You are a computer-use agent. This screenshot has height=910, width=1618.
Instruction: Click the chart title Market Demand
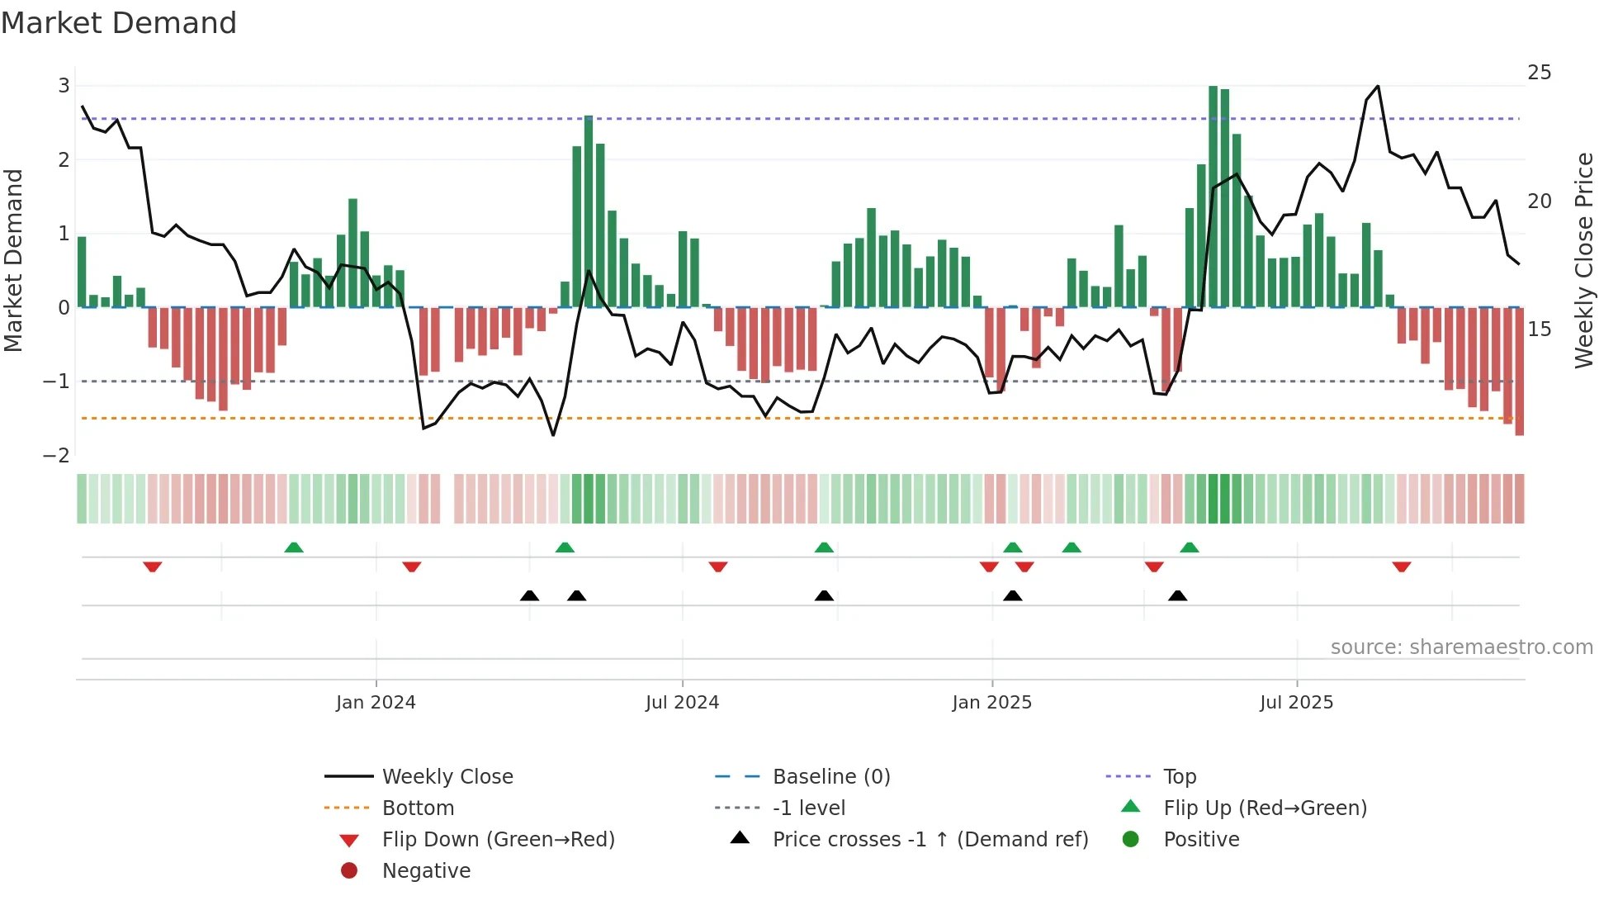[x=119, y=23]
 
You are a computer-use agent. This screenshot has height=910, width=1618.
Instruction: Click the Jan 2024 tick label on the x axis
[x=376, y=703]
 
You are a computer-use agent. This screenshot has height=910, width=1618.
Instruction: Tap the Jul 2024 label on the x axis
[x=682, y=703]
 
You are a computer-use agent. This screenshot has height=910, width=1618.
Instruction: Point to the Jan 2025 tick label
[x=991, y=703]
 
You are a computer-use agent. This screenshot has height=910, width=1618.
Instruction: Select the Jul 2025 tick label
[x=1296, y=703]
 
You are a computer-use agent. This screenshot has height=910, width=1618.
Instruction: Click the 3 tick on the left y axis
[x=64, y=86]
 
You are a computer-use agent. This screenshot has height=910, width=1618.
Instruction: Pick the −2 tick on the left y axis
[x=57, y=456]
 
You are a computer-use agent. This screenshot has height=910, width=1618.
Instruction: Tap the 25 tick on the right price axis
[x=1539, y=73]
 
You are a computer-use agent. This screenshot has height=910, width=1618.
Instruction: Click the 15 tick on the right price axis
[x=1539, y=329]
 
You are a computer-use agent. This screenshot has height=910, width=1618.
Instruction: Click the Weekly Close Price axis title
[x=1583, y=260]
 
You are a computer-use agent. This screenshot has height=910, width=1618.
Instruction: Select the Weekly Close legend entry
[x=447, y=777]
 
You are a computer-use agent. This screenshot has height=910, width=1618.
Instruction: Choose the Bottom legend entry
[x=418, y=808]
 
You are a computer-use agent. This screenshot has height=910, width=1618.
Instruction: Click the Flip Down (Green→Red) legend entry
[x=498, y=840]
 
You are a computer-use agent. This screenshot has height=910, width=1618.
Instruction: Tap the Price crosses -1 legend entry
[x=930, y=840]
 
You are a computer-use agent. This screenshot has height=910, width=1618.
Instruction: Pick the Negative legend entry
[x=426, y=871]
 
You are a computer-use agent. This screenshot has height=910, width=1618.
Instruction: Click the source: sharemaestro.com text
[x=1461, y=647]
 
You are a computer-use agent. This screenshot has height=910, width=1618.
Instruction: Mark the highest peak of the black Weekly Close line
[x=1378, y=86]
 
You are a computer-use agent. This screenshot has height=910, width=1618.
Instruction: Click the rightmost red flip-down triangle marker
[x=1401, y=566]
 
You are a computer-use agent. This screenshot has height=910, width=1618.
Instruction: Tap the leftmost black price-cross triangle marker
[x=529, y=595]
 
